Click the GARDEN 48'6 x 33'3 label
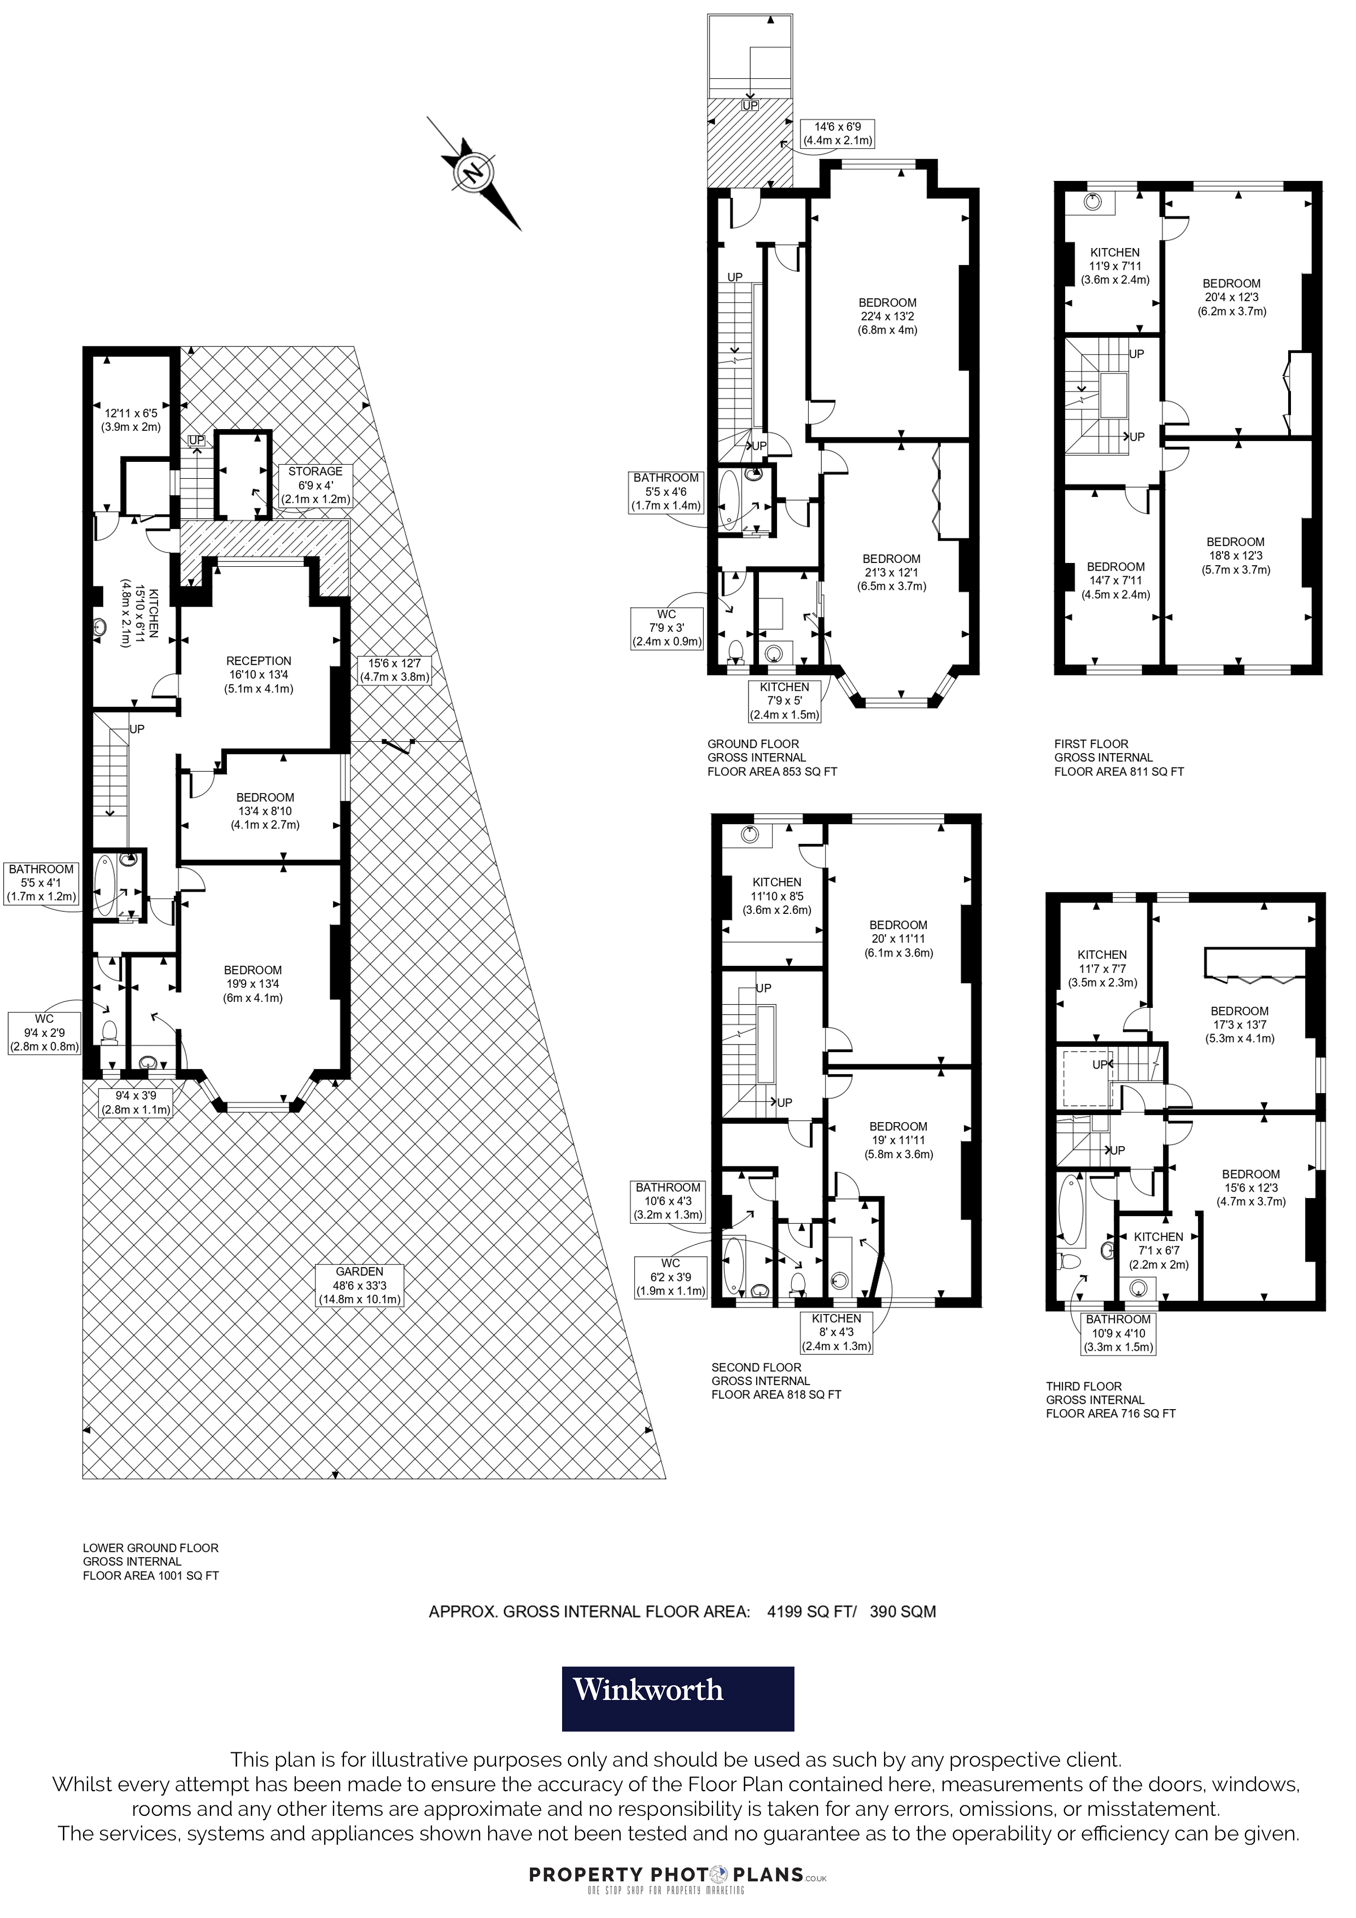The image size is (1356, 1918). (x=359, y=1286)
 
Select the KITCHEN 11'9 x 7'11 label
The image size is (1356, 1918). (x=1114, y=266)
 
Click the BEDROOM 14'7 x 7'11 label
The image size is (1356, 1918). (x=1115, y=580)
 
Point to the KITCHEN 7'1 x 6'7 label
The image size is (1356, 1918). (x=1158, y=1251)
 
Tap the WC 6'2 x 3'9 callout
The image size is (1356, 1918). (x=670, y=1276)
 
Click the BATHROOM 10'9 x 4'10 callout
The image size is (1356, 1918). (x=1118, y=1333)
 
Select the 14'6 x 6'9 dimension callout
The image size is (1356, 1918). (x=837, y=134)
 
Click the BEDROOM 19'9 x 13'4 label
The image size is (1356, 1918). (x=252, y=983)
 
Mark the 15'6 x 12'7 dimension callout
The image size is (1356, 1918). (x=394, y=670)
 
